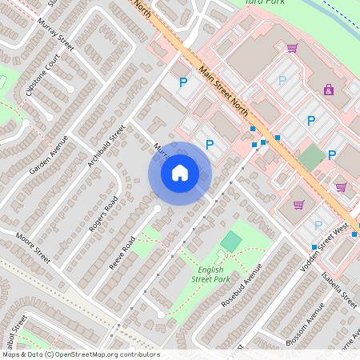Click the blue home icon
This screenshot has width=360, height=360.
click(180, 172)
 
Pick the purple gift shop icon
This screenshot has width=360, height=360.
click(329, 90)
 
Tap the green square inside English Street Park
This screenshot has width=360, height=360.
click(230, 241)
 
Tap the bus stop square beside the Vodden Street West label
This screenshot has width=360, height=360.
click(314, 246)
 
